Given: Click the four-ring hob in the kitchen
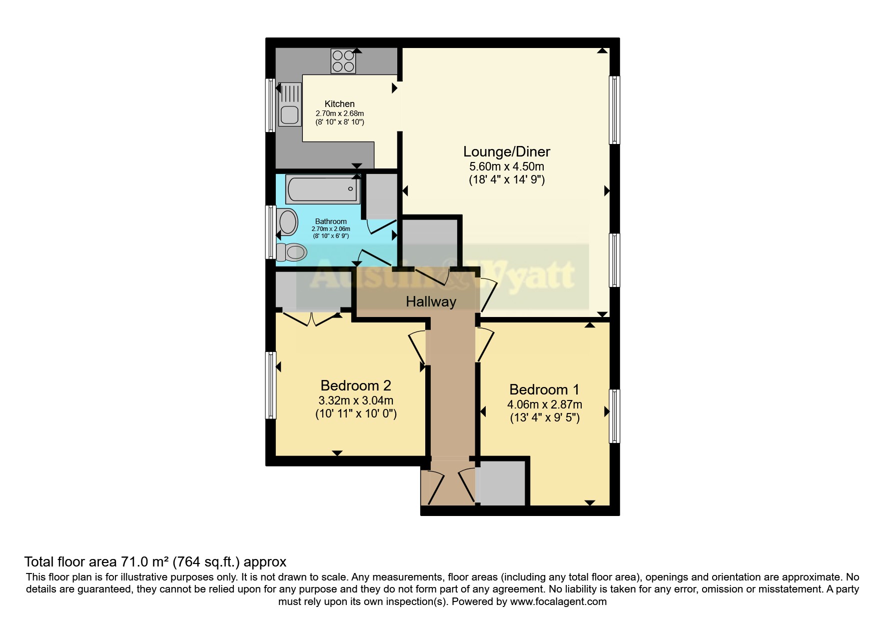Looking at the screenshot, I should (343, 61).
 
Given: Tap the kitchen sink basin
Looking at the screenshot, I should (289, 114).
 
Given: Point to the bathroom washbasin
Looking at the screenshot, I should (288, 222).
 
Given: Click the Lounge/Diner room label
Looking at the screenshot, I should (506, 151).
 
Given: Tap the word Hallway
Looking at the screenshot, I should (431, 301).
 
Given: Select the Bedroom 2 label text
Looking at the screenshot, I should (355, 385).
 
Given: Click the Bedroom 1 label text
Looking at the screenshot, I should (544, 389).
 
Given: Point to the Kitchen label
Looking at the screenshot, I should (339, 104).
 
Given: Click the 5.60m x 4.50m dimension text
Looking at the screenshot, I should (506, 166).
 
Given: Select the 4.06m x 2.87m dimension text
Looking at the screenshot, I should (544, 404).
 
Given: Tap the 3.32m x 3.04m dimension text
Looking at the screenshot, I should (355, 400).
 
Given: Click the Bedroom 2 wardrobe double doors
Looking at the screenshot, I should (312, 318).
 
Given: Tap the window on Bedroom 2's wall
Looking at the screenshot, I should (271, 385).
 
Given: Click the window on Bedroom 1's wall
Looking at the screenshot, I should (614, 416).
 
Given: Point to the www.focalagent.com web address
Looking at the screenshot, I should (558, 601).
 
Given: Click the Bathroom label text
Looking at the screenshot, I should (330, 221).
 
